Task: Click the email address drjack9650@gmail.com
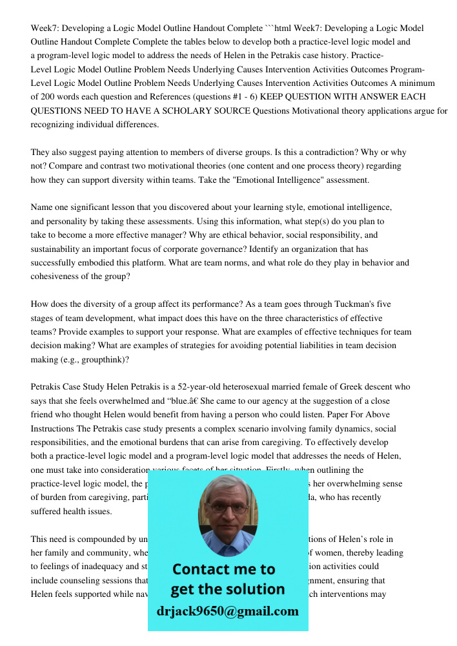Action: pyautogui.click(x=227, y=611)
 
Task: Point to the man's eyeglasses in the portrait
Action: pyautogui.click(x=227, y=508)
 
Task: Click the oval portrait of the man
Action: pyautogui.click(x=227, y=515)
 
